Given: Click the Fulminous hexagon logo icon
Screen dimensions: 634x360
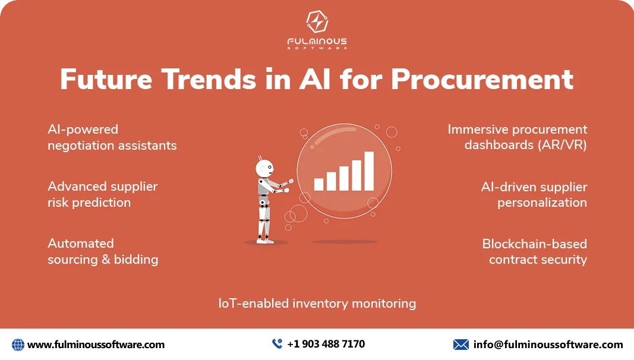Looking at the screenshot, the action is (x=317, y=22).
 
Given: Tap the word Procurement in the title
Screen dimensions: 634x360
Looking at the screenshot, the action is (x=482, y=79).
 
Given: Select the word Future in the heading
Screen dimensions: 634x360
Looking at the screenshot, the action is (x=106, y=79).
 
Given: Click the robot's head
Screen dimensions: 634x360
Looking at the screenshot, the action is (x=264, y=168).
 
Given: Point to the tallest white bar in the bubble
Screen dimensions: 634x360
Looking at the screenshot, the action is (x=369, y=171).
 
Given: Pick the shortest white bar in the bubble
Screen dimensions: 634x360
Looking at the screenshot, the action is (x=318, y=184).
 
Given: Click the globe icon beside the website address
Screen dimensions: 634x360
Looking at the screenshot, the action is (x=18, y=345).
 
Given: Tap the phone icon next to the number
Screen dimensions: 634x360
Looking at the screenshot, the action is (x=277, y=344).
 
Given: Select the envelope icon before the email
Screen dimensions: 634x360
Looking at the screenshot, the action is (x=461, y=345).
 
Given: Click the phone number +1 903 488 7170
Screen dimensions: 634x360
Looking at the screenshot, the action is (x=326, y=344).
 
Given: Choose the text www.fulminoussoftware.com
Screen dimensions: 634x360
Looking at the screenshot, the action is (x=96, y=345).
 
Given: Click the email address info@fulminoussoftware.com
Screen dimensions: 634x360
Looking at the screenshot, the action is (x=548, y=345).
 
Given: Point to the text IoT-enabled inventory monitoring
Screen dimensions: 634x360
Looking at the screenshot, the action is (x=317, y=304).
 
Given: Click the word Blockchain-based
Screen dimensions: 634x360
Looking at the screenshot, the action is (x=535, y=244).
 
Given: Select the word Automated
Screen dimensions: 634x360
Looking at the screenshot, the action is (x=81, y=243).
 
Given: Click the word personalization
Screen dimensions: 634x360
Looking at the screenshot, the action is (x=542, y=203).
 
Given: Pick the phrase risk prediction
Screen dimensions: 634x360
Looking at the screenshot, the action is (x=89, y=203).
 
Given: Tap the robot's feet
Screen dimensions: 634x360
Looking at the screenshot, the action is (x=264, y=241).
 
